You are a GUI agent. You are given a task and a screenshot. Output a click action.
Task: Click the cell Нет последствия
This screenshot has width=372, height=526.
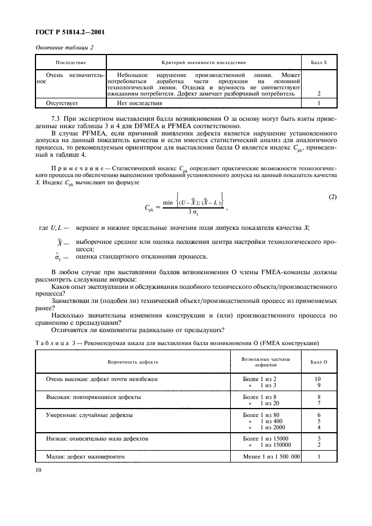pos(139,103)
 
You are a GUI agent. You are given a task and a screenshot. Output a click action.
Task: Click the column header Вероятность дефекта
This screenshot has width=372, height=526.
pos(133,362)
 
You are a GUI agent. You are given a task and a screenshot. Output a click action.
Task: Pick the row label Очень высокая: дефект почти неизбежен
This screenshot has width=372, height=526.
pos(101,379)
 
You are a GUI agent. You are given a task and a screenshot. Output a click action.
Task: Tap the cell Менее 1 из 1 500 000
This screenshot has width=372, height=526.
pos(267,457)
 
